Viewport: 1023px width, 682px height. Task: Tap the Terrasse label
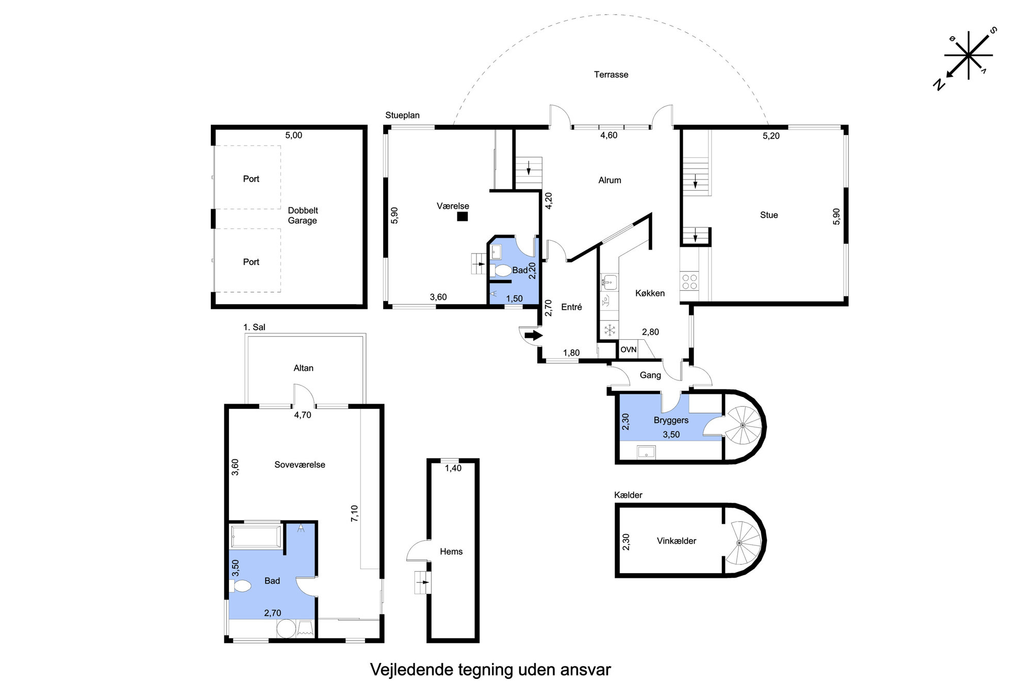pos(611,75)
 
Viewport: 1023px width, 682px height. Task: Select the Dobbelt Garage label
pos(303,215)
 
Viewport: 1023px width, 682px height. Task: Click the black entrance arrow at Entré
pos(534,336)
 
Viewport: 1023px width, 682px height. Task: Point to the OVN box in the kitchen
pos(628,350)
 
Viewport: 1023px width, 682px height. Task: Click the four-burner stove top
pos(689,281)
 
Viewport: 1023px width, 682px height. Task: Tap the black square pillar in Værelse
pos(463,217)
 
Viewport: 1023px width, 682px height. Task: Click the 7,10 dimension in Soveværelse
pos(354,514)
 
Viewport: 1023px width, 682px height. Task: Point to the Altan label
pos(303,368)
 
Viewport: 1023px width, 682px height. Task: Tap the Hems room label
pos(451,552)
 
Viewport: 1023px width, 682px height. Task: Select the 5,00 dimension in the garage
pos(294,136)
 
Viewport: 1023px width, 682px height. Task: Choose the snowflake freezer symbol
pos(609,330)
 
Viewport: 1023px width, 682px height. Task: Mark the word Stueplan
pos(402,115)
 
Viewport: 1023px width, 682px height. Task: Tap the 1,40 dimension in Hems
pos(453,468)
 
